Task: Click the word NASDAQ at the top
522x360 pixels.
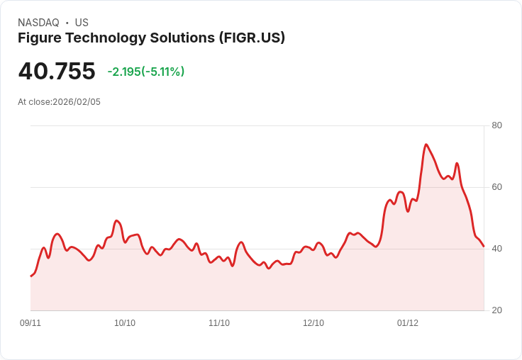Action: tap(38, 23)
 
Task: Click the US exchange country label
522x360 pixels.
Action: tap(82, 23)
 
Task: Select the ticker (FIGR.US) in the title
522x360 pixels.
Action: tap(252, 38)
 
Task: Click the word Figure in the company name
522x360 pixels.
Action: tap(39, 38)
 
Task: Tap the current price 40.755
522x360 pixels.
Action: tap(57, 72)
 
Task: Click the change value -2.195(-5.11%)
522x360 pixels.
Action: tap(146, 72)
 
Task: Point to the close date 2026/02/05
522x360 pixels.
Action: tap(77, 102)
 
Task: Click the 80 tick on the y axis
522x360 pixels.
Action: tap(496, 125)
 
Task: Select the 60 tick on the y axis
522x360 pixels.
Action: tap(496, 187)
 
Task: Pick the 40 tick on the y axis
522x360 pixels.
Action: tap(496, 249)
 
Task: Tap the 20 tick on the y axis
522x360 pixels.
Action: tap(496, 310)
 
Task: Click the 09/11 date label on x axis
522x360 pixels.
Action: tap(30, 323)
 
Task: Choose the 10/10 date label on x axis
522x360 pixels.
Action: tap(125, 323)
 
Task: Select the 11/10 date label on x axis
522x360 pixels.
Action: tap(219, 323)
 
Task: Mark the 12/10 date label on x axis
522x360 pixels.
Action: tap(313, 323)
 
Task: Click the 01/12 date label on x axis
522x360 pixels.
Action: tap(408, 323)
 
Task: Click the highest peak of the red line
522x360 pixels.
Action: tap(426, 145)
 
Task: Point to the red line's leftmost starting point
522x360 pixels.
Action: tap(30, 276)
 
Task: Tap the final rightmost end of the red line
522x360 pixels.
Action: tap(484, 247)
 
